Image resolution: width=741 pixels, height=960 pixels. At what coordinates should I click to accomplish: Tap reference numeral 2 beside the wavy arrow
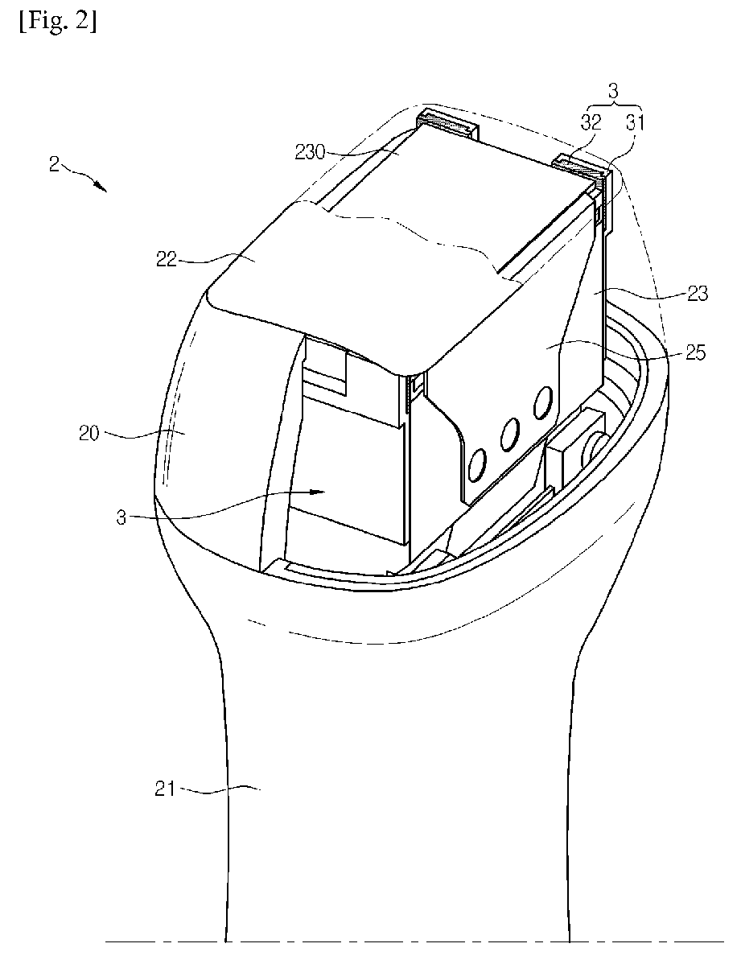click(x=55, y=165)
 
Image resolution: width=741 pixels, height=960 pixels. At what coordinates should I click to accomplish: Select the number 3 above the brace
click(x=613, y=92)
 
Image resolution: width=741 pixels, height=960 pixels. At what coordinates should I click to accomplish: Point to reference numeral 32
click(x=591, y=122)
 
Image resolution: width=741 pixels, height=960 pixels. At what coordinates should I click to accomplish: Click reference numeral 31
click(x=635, y=122)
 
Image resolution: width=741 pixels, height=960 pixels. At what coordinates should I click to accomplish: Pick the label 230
click(x=310, y=152)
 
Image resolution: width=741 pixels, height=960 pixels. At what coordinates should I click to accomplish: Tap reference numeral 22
click(x=166, y=260)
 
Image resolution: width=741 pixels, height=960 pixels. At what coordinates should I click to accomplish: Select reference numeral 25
click(x=694, y=352)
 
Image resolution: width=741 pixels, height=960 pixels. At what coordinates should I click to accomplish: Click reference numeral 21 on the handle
click(x=165, y=789)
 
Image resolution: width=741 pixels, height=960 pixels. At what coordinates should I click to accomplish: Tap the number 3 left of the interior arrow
click(x=121, y=518)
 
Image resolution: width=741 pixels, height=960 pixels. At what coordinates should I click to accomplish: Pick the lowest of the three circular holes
click(x=476, y=464)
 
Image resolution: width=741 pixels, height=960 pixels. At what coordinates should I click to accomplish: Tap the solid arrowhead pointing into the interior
click(x=317, y=490)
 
